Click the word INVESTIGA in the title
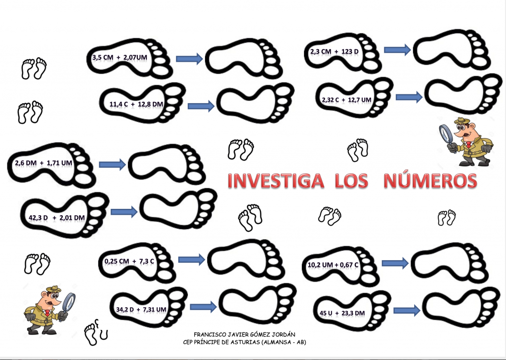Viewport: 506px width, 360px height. click(x=276, y=181)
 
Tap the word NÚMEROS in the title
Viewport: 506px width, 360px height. click(x=430, y=181)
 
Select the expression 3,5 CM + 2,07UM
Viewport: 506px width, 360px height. click(x=120, y=57)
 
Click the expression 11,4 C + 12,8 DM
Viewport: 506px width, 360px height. click(x=136, y=104)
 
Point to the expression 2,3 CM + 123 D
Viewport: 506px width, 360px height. click(x=335, y=51)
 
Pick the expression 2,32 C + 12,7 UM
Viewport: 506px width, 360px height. click(x=346, y=100)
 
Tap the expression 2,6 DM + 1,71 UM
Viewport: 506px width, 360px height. click(x=43, y=163)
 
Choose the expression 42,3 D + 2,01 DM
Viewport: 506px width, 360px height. click(x=57, y=218)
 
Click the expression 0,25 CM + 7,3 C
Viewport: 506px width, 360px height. click(x=129, y=261)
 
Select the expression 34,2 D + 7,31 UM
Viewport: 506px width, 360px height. click(x=141, y=309)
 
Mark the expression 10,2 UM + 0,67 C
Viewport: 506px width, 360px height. click(x=333, y=265)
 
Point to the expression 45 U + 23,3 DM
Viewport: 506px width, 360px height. click(x=342, y=313)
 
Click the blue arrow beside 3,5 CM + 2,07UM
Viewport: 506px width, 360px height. click(x=189, y=58)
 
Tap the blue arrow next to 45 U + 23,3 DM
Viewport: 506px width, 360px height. click(x=407, y=311)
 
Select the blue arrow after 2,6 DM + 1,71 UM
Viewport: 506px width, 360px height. click(x=112, y=164)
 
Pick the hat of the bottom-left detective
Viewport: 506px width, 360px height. click(x=53, y=289)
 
